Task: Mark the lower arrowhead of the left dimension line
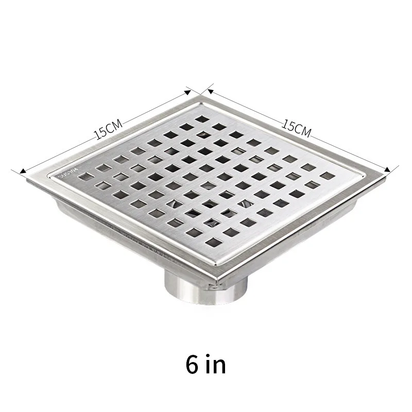point(21,170)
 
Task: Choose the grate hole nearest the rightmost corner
point(325,176)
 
